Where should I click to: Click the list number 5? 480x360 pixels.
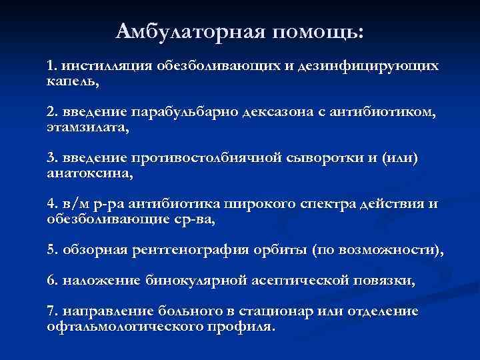tap(52, 249)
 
